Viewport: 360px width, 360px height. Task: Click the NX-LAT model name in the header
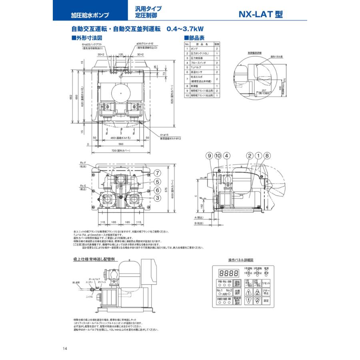coord(260,14)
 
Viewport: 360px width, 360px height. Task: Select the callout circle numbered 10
coord(218,156)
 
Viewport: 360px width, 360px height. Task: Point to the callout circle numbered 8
coord(267,156)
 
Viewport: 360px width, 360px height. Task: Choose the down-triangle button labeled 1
coord(248,300)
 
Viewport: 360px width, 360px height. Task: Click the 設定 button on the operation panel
coord(267,300)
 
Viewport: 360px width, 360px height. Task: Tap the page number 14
coord(65,349)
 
